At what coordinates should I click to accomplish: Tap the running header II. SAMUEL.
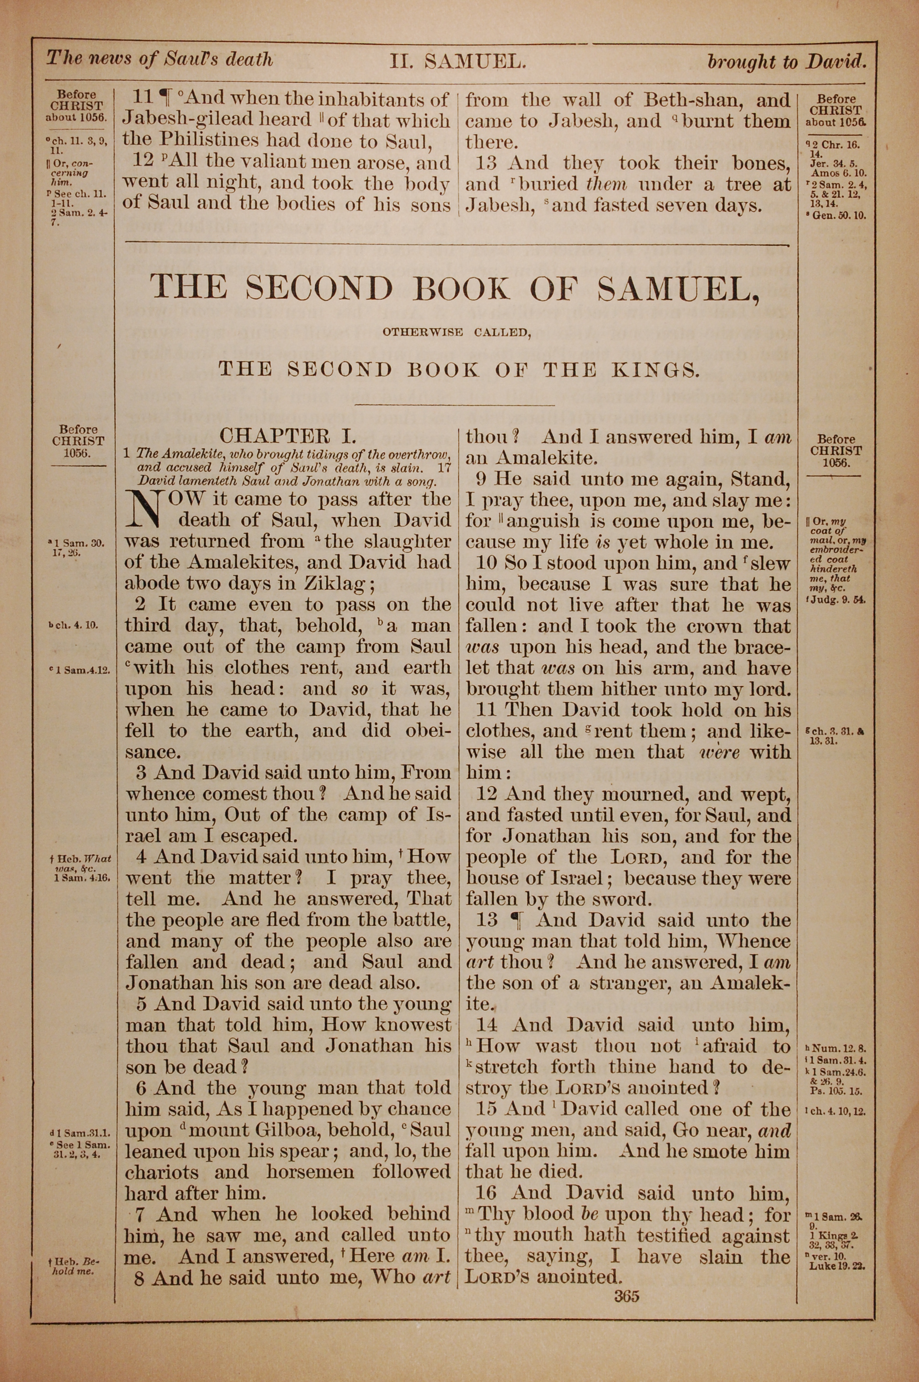(x=456, y=61)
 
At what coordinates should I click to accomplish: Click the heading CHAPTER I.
(x=288, y=435)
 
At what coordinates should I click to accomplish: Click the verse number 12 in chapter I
(x=487, y=794)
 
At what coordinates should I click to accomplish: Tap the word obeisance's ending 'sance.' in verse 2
(x=151, y=752)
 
